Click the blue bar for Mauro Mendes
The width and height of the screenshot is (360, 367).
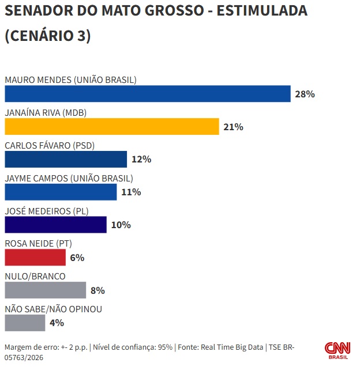pos(147,94)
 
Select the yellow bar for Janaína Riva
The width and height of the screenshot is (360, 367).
pos(112,127)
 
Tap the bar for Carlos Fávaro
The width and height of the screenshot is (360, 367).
pos(66,159)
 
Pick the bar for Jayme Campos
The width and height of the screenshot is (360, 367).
pos(61,192)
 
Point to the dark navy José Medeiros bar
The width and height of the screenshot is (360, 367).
pos(55,225)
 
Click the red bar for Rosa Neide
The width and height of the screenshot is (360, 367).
pos(35,258)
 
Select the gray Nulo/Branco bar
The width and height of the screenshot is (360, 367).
pos(45,290)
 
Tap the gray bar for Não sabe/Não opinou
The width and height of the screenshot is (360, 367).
pos(25,323)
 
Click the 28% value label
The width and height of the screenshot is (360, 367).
pos(305,94)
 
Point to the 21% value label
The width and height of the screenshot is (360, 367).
pos(233,127)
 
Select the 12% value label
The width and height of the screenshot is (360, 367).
pos(141,159)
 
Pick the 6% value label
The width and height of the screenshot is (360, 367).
pos(77,258)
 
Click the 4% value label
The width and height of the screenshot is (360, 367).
pos(57,323)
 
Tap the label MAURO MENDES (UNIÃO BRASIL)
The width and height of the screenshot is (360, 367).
pos(70,80)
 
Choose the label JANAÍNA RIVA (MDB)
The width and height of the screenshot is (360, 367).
pos(46,113)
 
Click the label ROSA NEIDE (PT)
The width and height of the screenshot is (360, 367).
pos(38,244)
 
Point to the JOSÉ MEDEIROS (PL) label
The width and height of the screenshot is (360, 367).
pos(46,211)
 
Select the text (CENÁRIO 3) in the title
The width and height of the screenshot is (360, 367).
pos(48,36)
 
